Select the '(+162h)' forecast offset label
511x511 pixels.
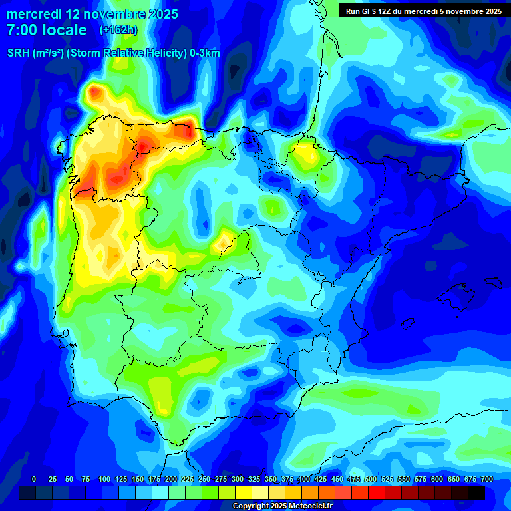point(118,30)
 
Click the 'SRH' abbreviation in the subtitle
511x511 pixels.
point(19,53)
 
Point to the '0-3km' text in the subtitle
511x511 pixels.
point(205,53)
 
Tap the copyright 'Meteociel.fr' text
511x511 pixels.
point(307,506)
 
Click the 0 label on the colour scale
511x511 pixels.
point(34,479)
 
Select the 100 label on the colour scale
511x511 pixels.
point(104,479)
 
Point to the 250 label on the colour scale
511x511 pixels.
point(204,479)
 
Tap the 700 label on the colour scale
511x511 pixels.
point(487,479)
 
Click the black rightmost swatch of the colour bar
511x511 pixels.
point(476,492)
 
